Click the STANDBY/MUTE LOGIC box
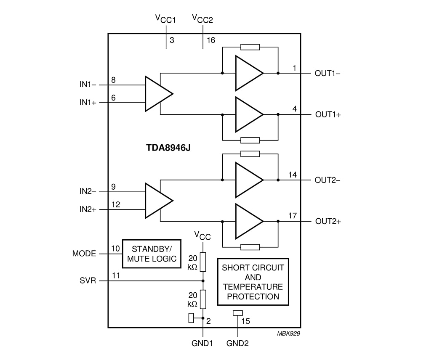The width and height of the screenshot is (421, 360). point(151,254)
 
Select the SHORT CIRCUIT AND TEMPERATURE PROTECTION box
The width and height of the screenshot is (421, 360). point(253,281)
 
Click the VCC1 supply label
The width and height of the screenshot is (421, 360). point(165,19)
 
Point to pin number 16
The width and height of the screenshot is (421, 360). point(211,40)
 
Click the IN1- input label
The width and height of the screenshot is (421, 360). point(88,85)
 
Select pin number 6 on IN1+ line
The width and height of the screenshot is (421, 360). point(113,97)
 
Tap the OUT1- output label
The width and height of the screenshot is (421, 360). point(328,73)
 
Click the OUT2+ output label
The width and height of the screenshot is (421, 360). point(328,222)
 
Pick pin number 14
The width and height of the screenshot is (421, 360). point(292,174)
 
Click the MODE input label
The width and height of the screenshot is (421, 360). point(84,254)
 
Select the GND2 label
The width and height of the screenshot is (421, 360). point(237,343)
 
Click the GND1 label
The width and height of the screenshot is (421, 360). point(202,343)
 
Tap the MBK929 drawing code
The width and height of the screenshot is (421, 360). point(288,334)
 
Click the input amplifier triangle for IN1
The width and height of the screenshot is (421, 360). point(157,93)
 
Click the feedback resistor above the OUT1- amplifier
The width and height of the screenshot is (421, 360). point(250,47)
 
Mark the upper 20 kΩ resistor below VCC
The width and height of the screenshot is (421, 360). point(203,262)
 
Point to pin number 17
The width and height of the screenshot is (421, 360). point(292,216)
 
